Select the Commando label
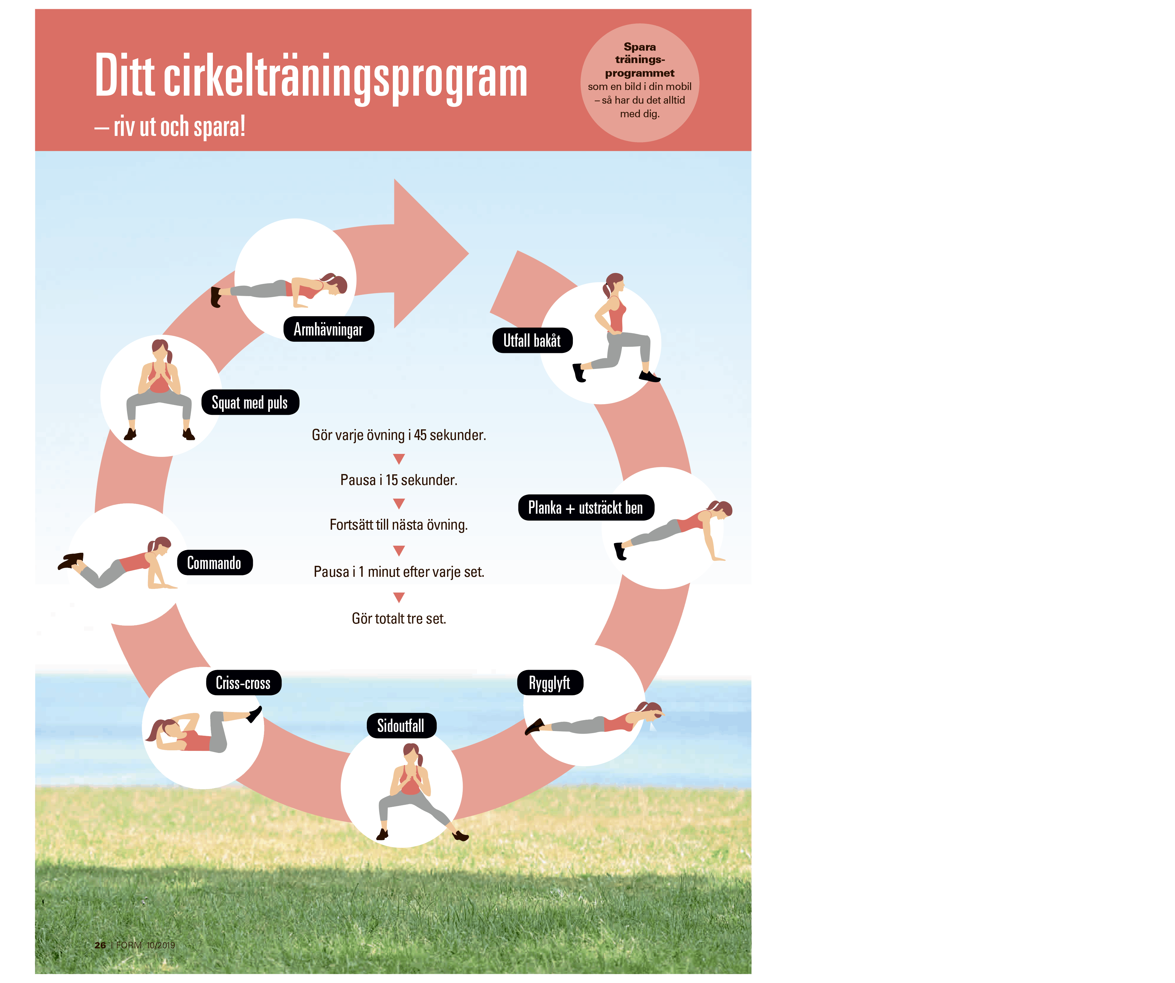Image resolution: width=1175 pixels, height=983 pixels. [x=214, y=563]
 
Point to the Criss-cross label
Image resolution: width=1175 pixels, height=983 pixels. [x=243, y=683]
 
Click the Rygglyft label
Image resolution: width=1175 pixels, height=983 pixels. [x=549, y=683]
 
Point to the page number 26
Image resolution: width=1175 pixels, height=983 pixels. [x=100, y=945]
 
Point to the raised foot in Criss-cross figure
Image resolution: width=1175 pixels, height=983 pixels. [x=255, y=713]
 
